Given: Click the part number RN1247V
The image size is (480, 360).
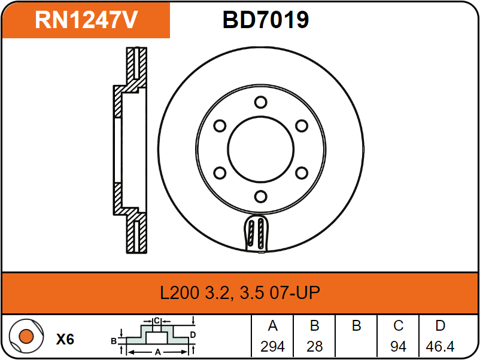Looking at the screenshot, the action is [86, 20].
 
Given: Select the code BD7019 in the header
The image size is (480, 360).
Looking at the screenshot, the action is [265, 20].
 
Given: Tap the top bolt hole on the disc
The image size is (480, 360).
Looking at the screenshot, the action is [260, 102].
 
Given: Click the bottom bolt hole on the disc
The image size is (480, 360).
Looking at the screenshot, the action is [260, 196].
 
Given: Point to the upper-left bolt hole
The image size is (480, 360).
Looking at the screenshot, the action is [220, 126].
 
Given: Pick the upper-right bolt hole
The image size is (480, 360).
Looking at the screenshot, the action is [302, 126].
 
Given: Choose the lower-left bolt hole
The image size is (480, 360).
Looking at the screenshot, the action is [220, 173].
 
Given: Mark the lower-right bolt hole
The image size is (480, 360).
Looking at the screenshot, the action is [302, 173].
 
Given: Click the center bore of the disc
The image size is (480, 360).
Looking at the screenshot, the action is [261, 150].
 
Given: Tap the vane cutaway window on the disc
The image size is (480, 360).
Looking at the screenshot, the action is [257, 233].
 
